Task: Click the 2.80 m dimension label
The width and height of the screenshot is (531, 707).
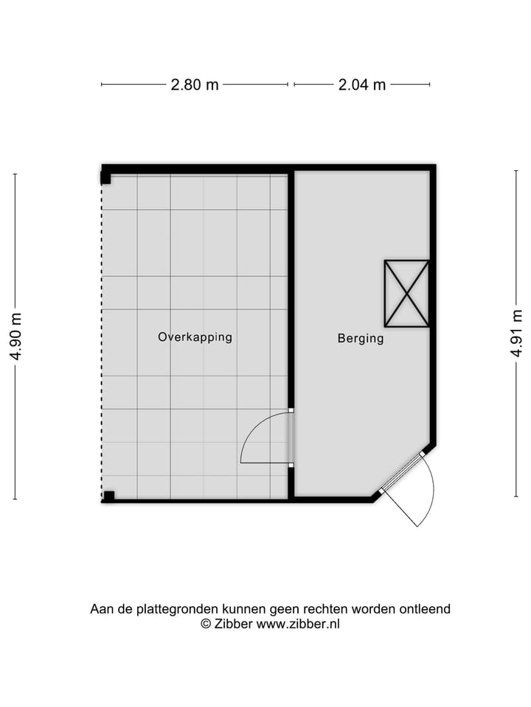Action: (195, 85)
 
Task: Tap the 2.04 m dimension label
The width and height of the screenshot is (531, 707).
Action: (362, 85)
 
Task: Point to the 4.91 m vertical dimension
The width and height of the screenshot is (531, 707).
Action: (516, 335)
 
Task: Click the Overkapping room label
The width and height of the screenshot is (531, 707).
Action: (195, 337)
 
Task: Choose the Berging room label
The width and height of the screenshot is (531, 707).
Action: (361, 339)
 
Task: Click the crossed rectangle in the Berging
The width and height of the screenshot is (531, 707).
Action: (406, 293)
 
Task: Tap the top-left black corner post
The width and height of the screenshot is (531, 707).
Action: (106, 177)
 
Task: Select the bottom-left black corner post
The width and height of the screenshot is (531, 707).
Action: (108, 496)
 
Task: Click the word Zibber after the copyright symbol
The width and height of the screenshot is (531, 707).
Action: (233, 624)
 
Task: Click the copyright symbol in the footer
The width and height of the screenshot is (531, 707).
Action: (206, 624)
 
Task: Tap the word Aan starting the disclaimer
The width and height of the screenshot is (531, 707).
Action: (101, 609)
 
